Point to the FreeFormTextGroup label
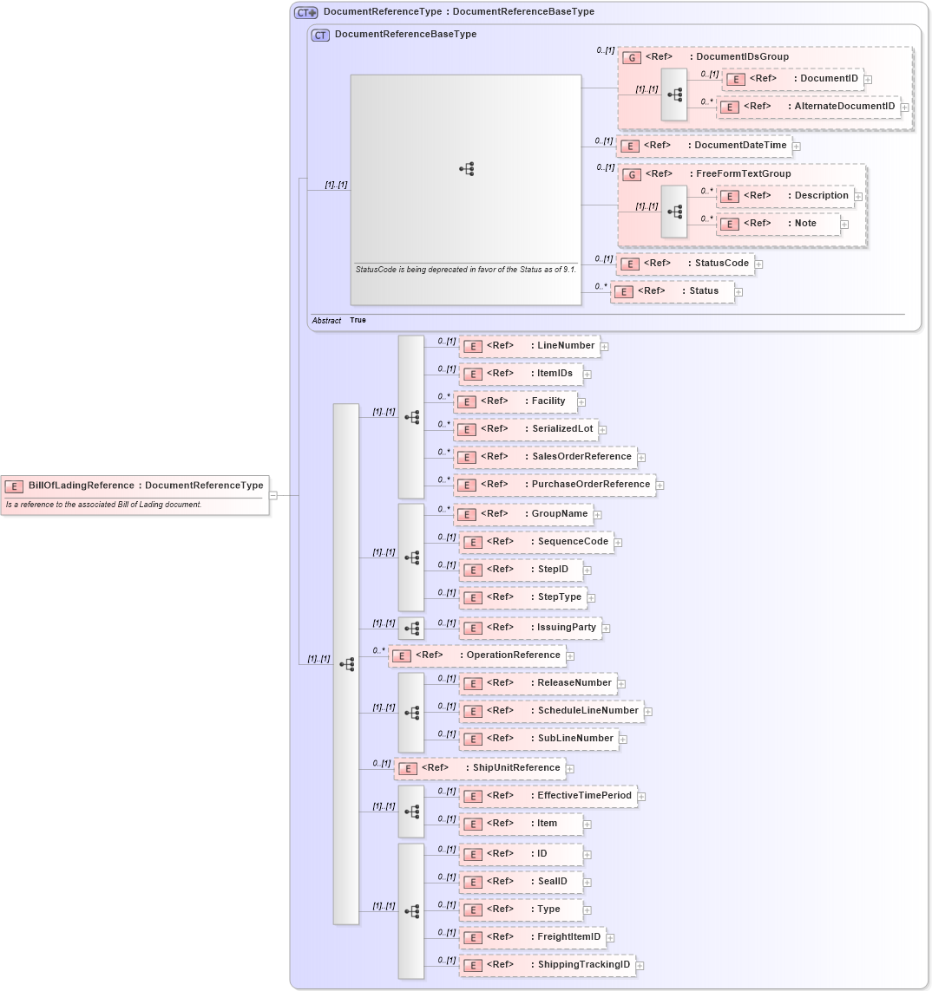coord(743,174)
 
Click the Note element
coord(778,224)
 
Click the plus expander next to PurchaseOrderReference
coord(660,486)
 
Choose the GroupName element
coord(523,514)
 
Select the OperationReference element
coord(476,655)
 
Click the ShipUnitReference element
coord(479,768)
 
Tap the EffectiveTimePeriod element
coord(548,796)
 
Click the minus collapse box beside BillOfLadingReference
coord(272,496)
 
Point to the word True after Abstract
coord(358,321)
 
